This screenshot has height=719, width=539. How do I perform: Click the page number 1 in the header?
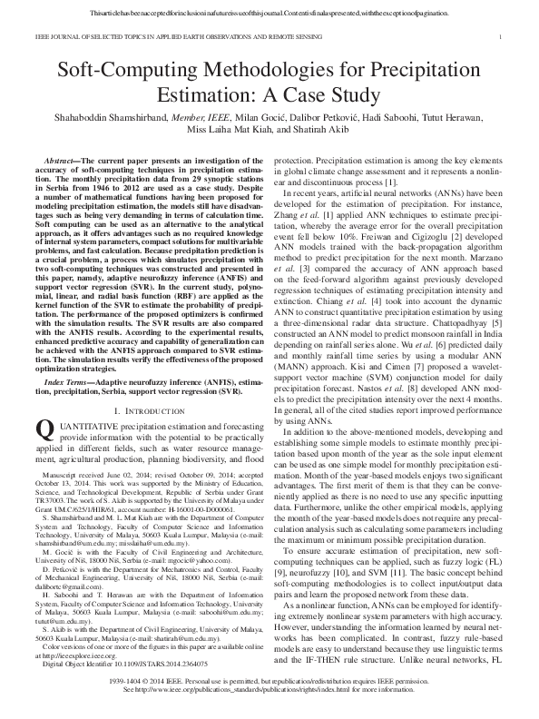502,38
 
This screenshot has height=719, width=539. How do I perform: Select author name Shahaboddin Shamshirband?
114,120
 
